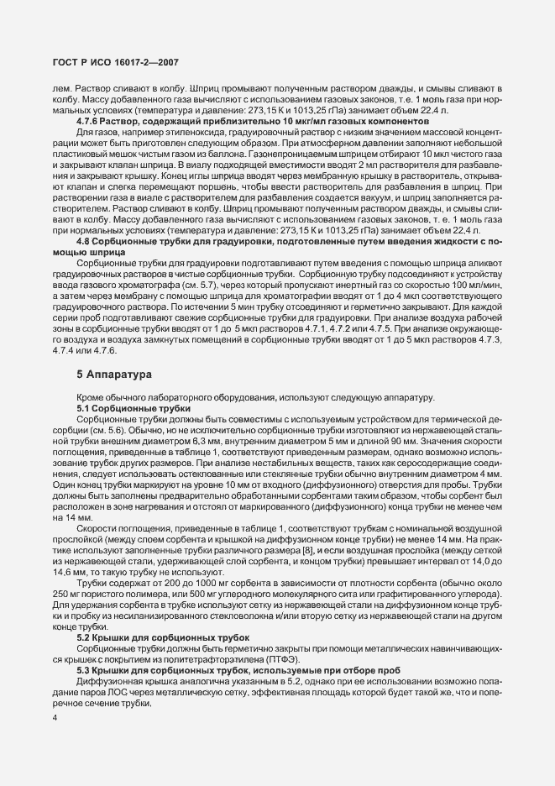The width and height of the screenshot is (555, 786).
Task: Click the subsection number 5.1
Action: (84, 407)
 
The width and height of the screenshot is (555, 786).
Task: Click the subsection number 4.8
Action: (84, 242)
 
